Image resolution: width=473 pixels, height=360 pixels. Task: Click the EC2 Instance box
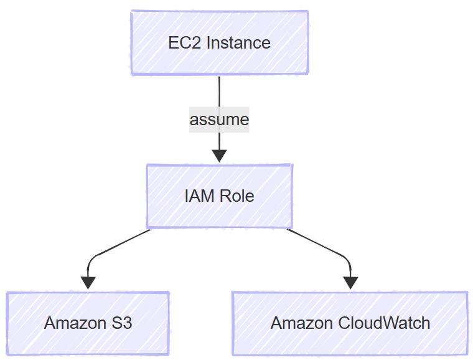[219, 42]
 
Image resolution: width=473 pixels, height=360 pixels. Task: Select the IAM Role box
[219, 196]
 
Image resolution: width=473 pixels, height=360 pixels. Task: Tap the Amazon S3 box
[88, 323]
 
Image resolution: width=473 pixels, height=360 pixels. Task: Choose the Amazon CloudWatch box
[350, 323]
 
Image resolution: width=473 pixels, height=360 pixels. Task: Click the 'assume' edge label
[219, 119]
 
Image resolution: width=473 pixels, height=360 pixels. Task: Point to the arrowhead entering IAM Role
[219, 156]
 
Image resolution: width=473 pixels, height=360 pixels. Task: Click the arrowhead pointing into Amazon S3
[88, 283]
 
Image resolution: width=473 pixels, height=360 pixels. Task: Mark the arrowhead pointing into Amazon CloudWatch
[350, 283]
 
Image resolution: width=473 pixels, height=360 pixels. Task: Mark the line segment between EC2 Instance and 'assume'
[219, 90]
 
